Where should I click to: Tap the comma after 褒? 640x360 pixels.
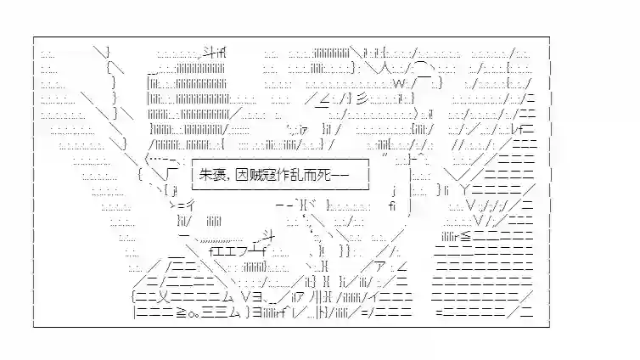[x=235, y=177]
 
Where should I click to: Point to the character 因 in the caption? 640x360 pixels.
[x=249, y=175]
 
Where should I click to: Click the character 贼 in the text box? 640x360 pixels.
[x=263, y=175]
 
